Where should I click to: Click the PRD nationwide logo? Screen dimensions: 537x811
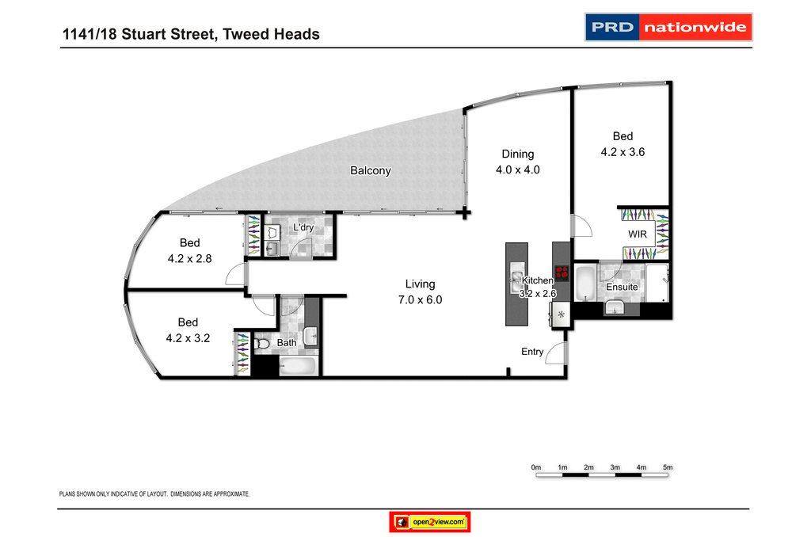[668, 28]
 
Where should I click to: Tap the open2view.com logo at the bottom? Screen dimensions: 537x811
[431, 523]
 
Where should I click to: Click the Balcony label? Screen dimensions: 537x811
[371, 170]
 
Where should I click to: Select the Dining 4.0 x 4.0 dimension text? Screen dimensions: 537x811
[517, 169]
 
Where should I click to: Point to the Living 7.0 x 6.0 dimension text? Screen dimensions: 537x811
[420, 300]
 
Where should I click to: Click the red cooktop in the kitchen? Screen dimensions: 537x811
[562, 273]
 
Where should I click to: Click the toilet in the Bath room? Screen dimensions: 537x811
[263, 344]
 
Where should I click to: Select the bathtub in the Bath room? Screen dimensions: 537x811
[299, 366]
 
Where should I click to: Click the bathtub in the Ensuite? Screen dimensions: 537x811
[584, 284]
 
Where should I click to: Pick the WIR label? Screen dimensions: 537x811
[638, 235]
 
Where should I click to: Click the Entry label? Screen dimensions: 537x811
[532, 352]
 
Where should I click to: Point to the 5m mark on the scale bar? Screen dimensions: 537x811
[668, 468]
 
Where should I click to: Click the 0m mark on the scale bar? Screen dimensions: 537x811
[536, 468]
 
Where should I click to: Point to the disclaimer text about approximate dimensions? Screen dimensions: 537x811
[155, 493]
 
